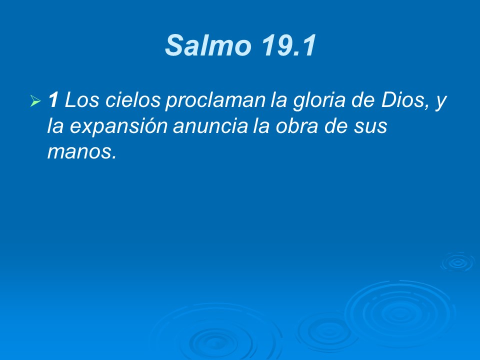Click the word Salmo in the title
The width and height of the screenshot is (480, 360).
click(x=208, y=46)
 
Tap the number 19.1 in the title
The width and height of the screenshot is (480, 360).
click(x=287, y=46)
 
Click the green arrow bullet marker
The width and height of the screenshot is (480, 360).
click(x=35, y=102)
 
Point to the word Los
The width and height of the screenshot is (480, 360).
click(x=80, y=101)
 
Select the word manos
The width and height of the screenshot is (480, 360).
click(x=81, y=152)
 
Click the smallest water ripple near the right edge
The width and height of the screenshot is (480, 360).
click(x=457, y=261)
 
